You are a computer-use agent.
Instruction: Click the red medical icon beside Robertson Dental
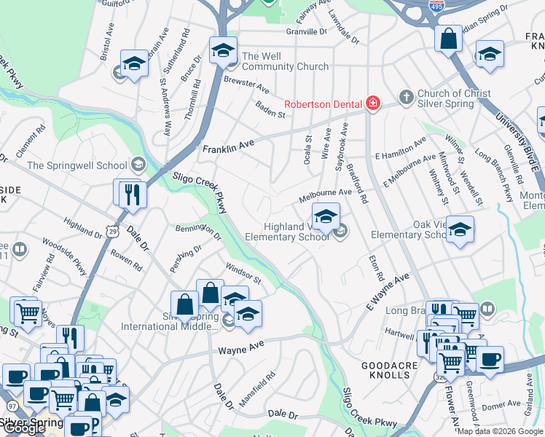[373, 104]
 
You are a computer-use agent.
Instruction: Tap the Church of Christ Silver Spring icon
[406, 97]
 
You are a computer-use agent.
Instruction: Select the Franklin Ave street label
[228, 146]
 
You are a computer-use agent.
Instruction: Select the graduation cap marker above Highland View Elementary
[326, 216]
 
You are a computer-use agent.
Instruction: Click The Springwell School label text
[76, 165]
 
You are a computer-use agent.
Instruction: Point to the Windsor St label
[243, 274]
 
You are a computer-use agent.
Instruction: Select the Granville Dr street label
[307, 31]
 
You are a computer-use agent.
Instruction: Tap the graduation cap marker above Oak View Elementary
[460, 229]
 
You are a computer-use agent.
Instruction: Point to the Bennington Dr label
[198, 232]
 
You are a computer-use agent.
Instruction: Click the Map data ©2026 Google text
[500, 431]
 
